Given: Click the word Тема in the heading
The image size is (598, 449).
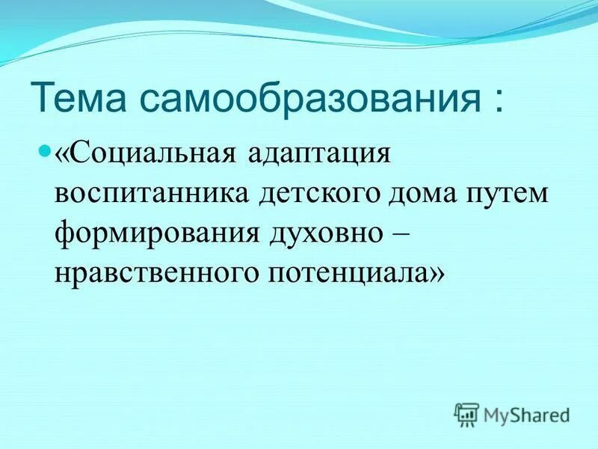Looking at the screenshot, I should pyautogui.click(x=83, y=100).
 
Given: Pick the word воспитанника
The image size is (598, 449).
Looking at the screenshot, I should pyautogui.click(x=152, y=196).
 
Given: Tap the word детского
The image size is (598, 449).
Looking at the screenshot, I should pyautogui.click(x=318, y=196).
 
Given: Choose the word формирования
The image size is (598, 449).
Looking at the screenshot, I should pyautogui.click(x=154, y=236).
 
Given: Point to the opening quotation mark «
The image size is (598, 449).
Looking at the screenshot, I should pyautogui.click(x=62, y=157).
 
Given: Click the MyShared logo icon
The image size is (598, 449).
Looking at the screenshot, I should pyautogui.click(x=466, y=413).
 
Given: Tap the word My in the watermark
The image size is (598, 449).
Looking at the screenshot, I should pyautogui.click(x=497, y=414).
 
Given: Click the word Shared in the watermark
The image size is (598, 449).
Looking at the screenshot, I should pyautogui.click(x=541, y=413).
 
